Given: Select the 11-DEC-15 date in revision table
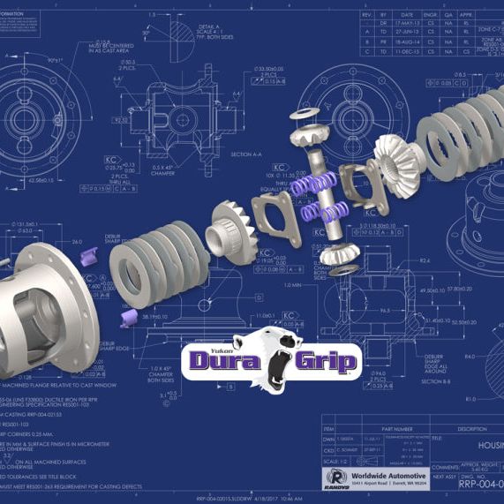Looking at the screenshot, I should tap(407, 51).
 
